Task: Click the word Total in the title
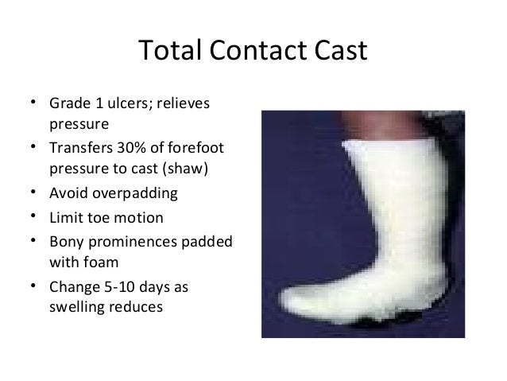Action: [x=167, y=52]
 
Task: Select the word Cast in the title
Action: [x=338, y=52]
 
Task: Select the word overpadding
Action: [x=134, y=194]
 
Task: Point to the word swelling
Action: [x=77, y=305]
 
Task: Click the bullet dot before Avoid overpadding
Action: [x=34, y=194]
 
